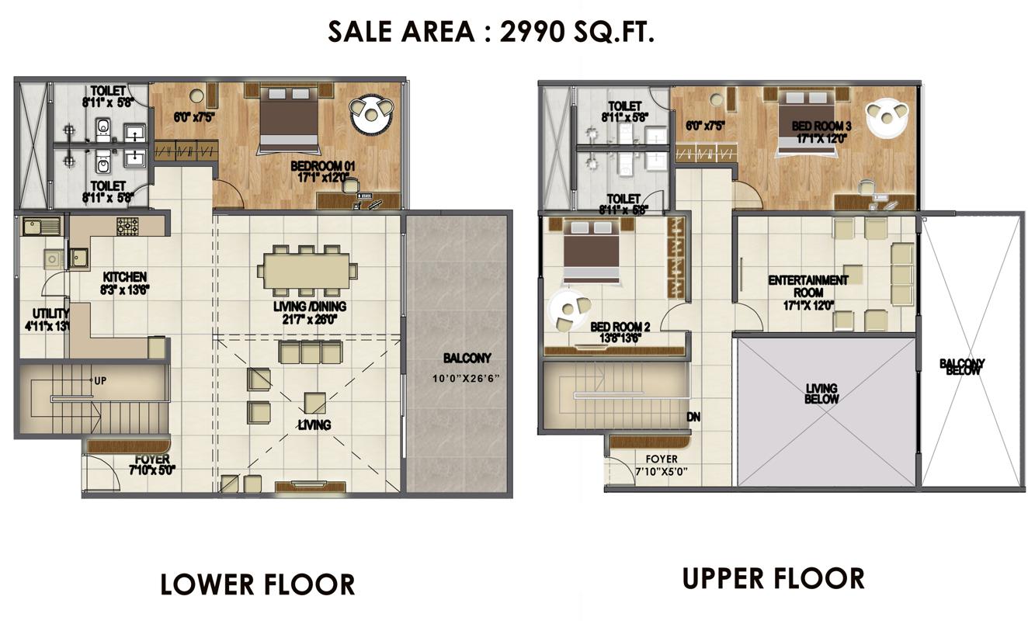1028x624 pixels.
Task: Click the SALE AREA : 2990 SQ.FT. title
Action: (x=491, y=32)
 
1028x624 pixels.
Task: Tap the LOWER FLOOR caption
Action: (x=257, y=584)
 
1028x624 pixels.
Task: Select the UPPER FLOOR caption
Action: (x=773, y=578)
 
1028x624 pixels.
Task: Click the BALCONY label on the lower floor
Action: (x=467, y=359)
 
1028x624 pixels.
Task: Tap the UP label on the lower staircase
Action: (x=100, y=381)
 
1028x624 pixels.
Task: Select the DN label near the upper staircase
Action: (x=694, y=417)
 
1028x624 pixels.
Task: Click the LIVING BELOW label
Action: (x=821, y=393)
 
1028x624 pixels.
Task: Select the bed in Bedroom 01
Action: (x=288, y=118)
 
